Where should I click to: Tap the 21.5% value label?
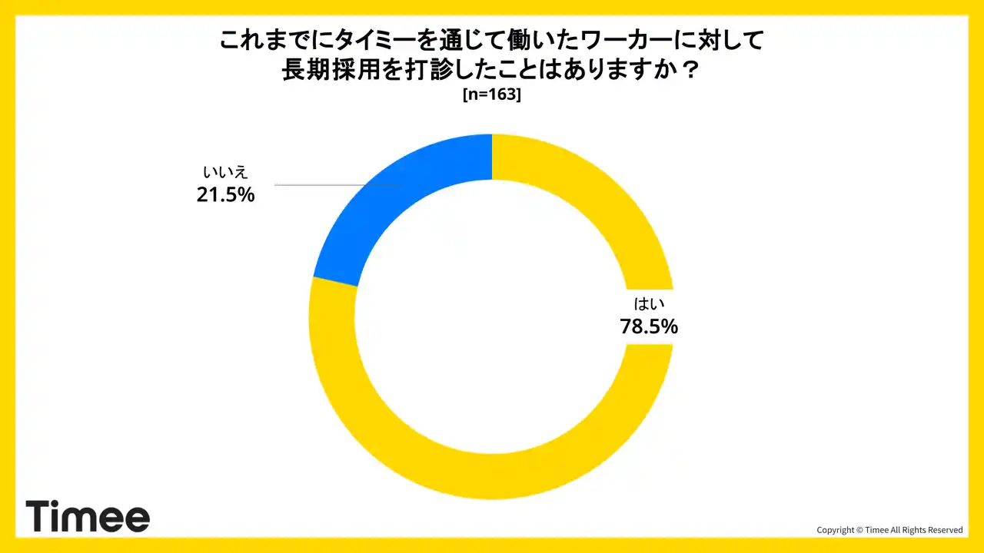pos(225,195)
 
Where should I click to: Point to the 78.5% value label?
pos(649,326)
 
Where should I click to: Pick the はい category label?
pos(649,303)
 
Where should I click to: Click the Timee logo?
pos(88,516)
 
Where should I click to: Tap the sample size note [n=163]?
pos(492,95)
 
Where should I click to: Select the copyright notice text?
pos(889,530)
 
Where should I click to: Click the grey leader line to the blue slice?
pos(338,185)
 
